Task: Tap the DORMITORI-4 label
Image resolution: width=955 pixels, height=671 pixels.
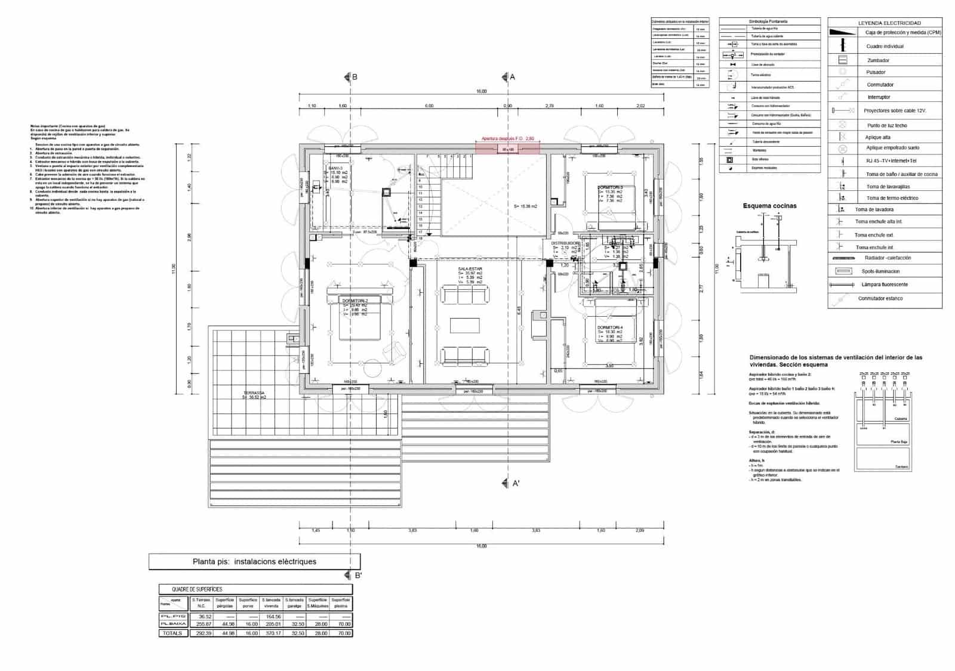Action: point(609,327)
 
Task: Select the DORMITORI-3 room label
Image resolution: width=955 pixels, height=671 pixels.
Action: point(610,187)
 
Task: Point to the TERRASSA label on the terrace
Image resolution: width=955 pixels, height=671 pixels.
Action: point(254,394)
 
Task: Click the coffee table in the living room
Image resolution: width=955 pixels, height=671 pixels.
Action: point(464,325)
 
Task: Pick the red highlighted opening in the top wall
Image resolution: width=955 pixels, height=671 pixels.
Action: point(507,147)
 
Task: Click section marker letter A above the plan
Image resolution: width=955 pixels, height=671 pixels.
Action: point(512,77)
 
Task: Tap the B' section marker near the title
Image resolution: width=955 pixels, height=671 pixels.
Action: point(358,576)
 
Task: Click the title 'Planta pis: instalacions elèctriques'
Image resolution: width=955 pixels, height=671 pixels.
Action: point(254,561)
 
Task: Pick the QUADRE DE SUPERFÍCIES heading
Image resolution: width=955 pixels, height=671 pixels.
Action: point(197,589)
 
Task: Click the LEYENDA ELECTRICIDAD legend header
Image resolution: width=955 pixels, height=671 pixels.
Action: point(885,23)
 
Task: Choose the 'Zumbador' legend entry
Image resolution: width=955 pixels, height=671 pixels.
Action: point(877,60)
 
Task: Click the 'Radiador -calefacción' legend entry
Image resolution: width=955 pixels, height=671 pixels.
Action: point(887,258)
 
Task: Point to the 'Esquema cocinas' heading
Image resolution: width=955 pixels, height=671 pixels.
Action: point(769,206)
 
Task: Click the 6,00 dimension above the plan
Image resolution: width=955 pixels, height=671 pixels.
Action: point(429,106)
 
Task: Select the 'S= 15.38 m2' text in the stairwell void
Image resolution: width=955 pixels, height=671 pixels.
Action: point(525,206)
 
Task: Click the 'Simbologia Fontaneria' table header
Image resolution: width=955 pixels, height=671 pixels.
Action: point(769,21)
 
